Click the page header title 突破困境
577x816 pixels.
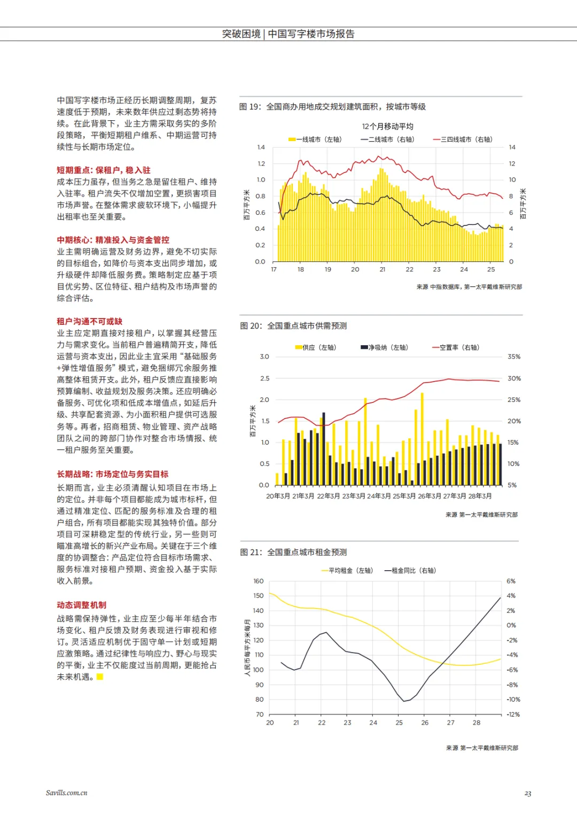click(241, 34)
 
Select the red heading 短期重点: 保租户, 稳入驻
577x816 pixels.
click(104, 170)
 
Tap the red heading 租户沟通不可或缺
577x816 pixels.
click(90, 321)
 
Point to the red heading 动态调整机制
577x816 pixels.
click(82, 605)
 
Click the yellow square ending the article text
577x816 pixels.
click(99, 677)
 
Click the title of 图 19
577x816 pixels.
click(332, 107)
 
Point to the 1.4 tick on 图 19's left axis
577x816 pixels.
click(261, 147)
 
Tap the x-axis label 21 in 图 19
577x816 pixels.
click(383, 269)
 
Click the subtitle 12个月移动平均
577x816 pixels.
click(387, 126)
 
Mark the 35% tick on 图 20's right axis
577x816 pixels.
click(513, 356)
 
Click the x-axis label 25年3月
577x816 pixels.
click(404, 496)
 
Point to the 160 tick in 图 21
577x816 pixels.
click(259, 581)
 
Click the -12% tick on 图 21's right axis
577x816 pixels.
click(513, 714)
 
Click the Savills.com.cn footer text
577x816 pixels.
click(67, 792)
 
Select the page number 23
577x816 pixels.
click(528, 794)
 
